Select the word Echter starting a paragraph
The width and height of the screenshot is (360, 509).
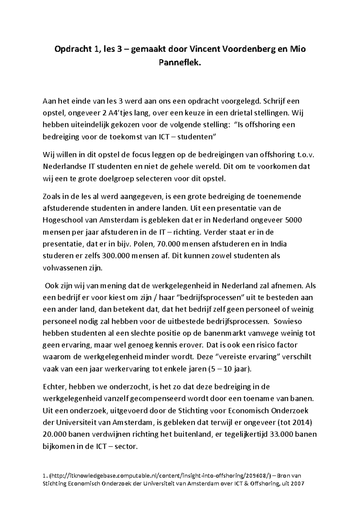(x=53, y=387)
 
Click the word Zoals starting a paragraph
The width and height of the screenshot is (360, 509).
(x=52, y=197)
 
